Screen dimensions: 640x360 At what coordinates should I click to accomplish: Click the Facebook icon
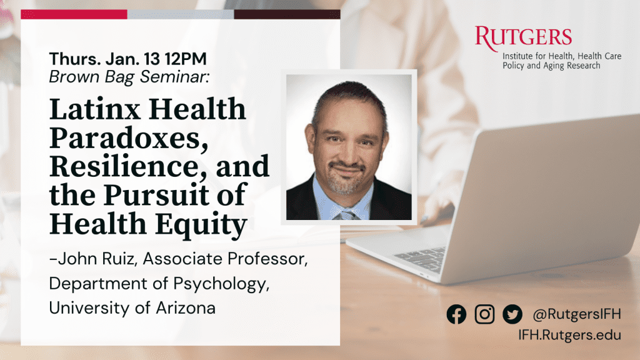coord(456,314)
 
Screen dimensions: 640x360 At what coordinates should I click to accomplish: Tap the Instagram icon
coord(484,314)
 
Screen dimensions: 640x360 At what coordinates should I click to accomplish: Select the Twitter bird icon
coord(512,314)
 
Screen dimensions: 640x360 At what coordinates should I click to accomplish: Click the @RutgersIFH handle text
coord(577,314)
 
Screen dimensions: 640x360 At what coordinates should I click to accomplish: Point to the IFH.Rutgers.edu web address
coord(570,335)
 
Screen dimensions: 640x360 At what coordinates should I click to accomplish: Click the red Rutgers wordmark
coord(523,38)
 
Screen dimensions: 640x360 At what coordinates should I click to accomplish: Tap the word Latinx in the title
coord(95,109)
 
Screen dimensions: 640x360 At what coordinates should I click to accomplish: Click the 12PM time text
coord(186,59)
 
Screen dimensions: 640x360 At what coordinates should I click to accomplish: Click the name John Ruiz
coord(96,259)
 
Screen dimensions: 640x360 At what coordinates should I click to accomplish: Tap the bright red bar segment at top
coord(74,14)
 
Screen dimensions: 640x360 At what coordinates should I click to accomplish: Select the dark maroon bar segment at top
coord(287,14)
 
